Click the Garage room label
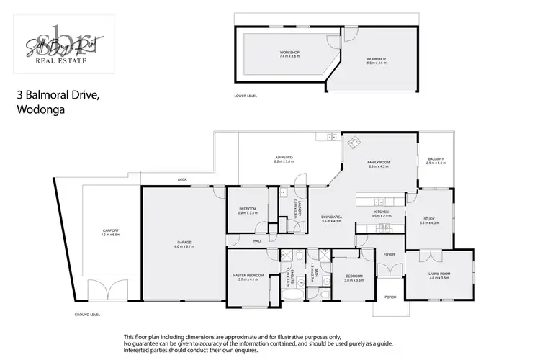[x=184, y=244]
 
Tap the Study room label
[x=428, y=221]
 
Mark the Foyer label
[x=389, y=254]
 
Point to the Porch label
[x=390, y=297]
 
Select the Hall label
[x=257, y=241]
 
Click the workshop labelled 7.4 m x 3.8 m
[x=289, y=54]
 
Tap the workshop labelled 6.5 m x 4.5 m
[x=376, y=60]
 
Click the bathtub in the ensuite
[x=292, y=294]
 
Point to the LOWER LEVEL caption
[x=246, y=96]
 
